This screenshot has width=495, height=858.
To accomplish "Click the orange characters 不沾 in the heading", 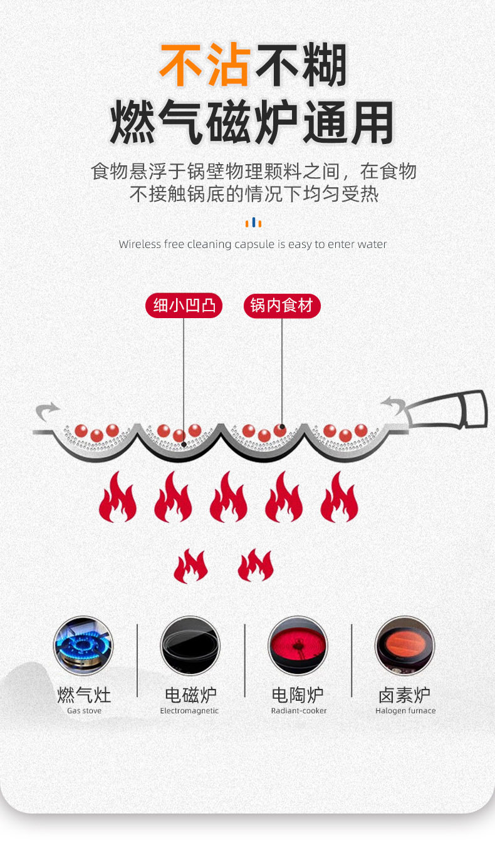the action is (206, 65).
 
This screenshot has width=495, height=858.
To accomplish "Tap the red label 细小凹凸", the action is (184, 306).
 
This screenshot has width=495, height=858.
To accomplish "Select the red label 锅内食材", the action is (282, 306).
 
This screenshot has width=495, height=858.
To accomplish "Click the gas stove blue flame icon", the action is (83, 646).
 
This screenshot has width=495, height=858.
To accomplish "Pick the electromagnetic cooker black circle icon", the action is (190, 646).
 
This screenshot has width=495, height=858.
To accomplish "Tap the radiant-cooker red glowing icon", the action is (298, 646).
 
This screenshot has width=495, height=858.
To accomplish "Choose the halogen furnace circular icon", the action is (405, 646).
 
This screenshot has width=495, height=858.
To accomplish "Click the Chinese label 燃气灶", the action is (84, 695).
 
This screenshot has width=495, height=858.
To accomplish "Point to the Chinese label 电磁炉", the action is (190, 695).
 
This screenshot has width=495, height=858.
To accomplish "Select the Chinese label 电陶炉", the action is (298, 695).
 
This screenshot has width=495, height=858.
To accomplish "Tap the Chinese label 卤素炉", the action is (405, 695).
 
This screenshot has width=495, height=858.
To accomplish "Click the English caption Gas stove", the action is (84, 711).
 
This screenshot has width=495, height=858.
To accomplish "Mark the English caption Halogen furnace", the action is (405, 711).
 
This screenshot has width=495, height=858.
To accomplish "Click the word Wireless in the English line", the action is (140, 244).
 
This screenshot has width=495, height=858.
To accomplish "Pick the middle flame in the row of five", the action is (228, 499).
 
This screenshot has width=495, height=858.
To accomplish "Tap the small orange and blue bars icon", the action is (253, 223).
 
